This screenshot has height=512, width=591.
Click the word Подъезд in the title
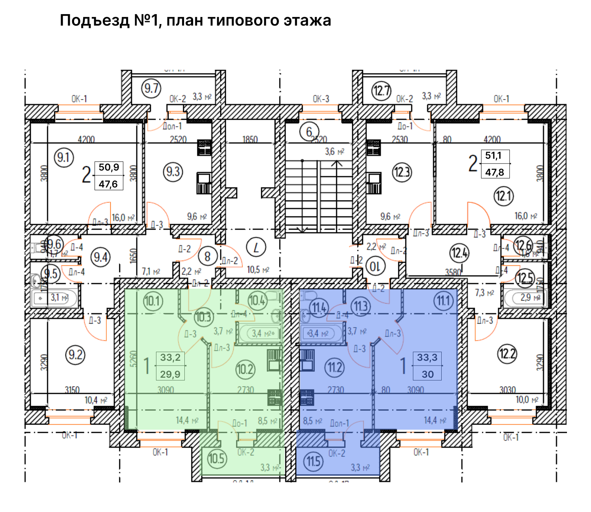(x=95, y=20)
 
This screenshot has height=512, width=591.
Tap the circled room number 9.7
(x=151, y=88)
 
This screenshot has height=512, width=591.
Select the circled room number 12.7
(x=381, y=91)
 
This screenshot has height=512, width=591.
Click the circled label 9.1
(x=63, y=158)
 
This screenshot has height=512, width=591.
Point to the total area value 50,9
(x=109, y=167)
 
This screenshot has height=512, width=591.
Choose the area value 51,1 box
(x=493, y=156)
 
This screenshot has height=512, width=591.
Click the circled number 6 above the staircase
(x=309, y=132)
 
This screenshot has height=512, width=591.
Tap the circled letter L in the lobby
(x=256, y=247)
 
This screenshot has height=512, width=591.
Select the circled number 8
(x=208, y=257)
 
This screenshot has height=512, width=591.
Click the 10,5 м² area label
(x=258, y=270)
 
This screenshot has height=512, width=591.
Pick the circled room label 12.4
(x=459, y=252)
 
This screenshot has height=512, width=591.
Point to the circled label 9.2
(x=75, y=355)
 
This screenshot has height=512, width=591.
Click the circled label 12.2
(x=507, y=354)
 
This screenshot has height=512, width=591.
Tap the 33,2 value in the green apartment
(x=170, y=358)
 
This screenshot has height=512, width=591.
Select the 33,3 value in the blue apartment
(x=427, y=358)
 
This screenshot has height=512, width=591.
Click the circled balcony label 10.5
(x=216, y=458)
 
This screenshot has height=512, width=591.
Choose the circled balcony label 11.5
(x=313, y=461)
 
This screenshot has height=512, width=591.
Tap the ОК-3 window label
(x=321, y=99)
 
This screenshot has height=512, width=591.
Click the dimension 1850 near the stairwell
(x=250, y=139)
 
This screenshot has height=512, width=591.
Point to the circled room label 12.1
(x=504, y=196)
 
